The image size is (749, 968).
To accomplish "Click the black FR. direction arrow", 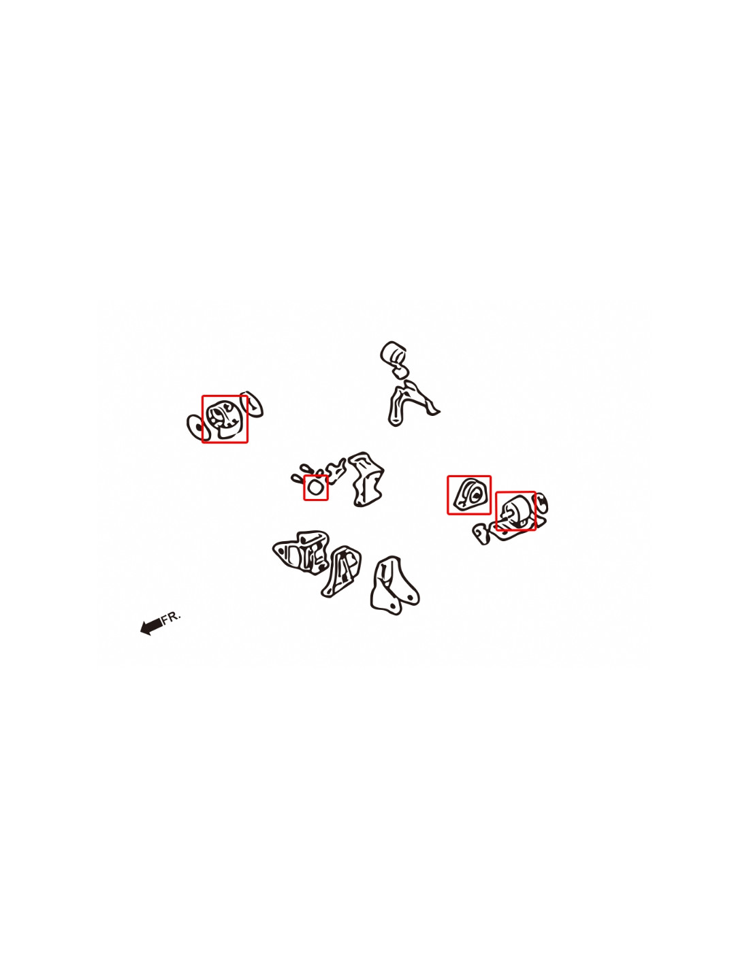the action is pyautogui.click(x=151, y=626).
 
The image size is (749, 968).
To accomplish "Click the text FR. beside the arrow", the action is pyautogui.click(x=172, y=617).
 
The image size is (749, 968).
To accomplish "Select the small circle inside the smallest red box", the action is pyautogui.click(x=315, y=487).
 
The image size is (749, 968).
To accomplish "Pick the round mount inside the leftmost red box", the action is pyautogui.click(x=225, y=419).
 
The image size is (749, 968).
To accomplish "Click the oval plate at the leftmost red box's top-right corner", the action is pyautogui.click(x=253, y=404).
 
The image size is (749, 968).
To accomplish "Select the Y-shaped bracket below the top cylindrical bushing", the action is pyautogui.click(x=409, y=402).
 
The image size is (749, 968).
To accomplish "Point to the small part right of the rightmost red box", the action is pyautogui.click(x=541, y=504).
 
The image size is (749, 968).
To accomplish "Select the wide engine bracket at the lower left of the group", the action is pyautogui.click(x=300, y=552).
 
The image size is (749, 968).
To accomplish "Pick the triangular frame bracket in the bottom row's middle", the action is pyautogui.click(x=341, y=572).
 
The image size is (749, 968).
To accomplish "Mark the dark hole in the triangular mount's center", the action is pyautogui.click(x=475, y=494).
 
